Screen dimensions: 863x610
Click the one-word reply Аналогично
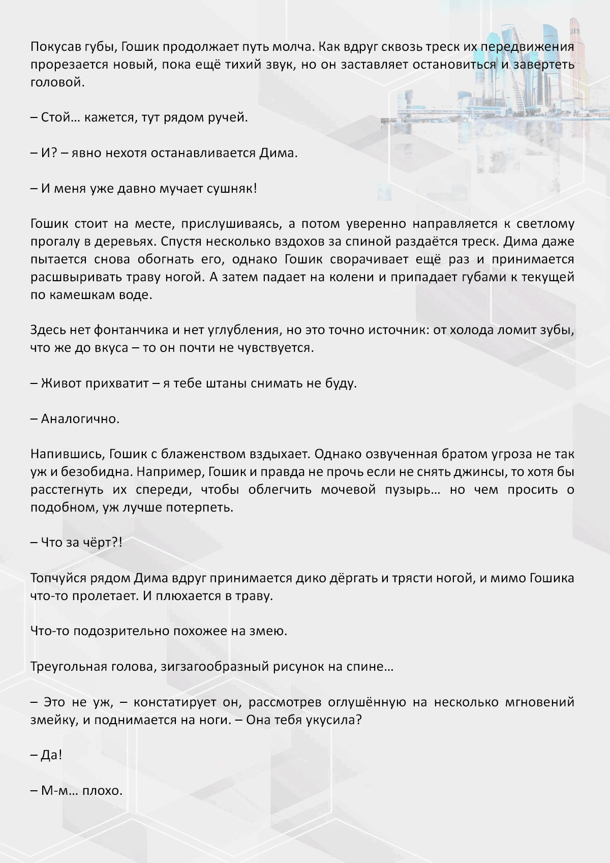click(x=80, y=419)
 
